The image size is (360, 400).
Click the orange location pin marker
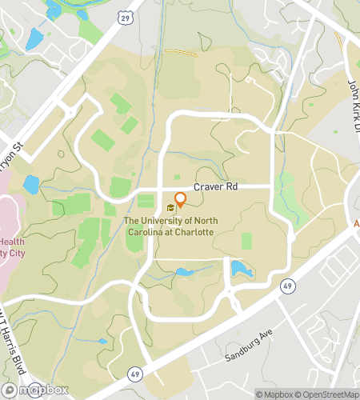[x=181, y=200]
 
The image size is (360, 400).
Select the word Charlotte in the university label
[x=192, y=231]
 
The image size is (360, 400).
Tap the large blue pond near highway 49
[x=241, y=269]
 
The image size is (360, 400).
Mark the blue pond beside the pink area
[x=30, y=186]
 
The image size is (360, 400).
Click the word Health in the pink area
[x=11, y=242]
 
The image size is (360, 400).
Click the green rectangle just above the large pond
[x=246, y=241]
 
